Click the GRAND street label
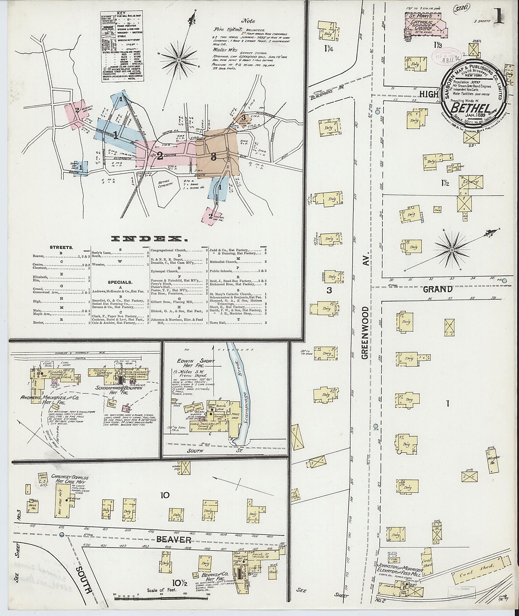[438, 289]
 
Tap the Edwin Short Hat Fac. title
[197, 363]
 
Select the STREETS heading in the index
[61, 248]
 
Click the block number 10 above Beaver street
[165, 495]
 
